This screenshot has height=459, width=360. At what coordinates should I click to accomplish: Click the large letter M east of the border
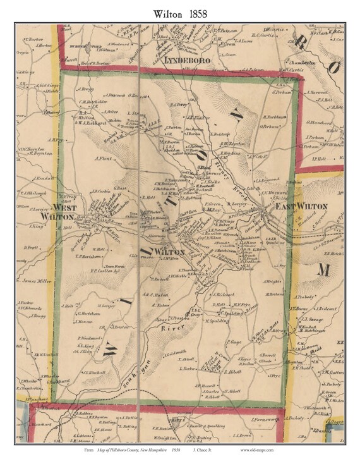324,269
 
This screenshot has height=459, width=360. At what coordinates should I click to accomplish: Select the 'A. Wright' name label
270,281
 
